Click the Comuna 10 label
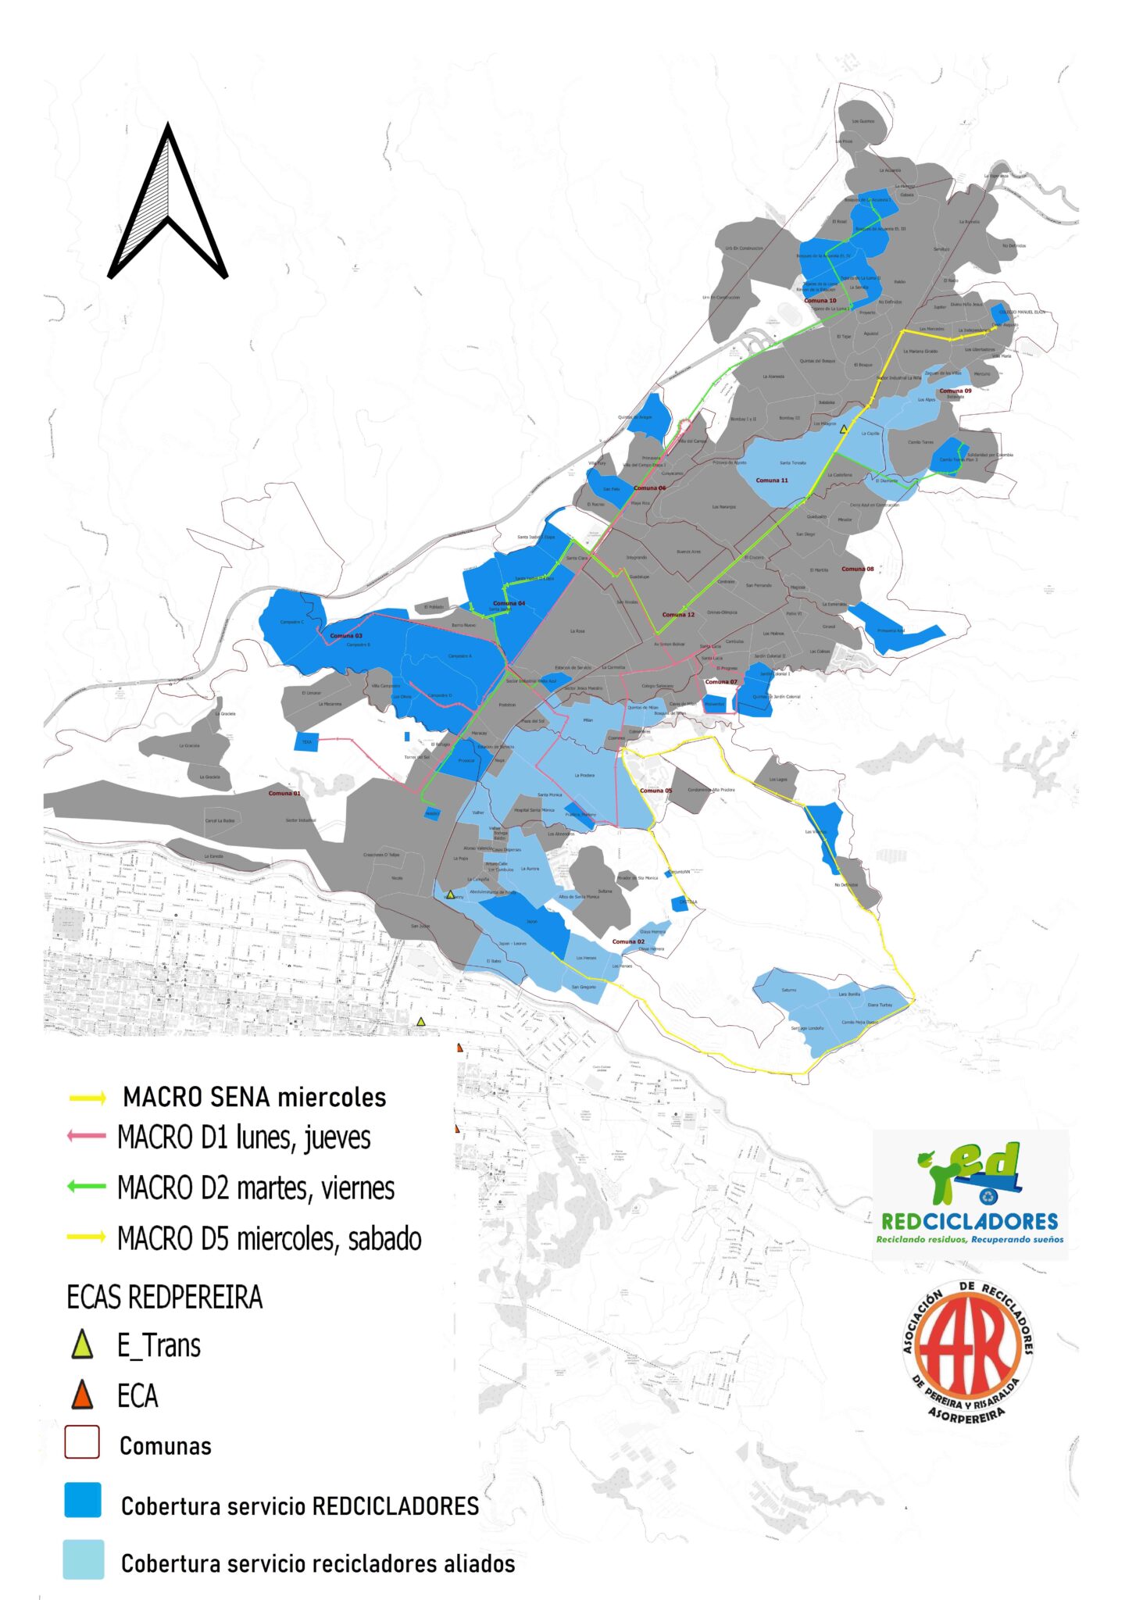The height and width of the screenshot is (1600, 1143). (x=820, y=301)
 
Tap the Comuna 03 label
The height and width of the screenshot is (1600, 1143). (x=346, y=636)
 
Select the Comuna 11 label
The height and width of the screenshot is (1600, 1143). (x=772, y=480)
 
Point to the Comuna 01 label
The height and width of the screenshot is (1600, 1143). (x=284, y=794)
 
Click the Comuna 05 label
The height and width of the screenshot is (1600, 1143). (x=655, y=791)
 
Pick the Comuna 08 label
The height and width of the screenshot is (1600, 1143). (x=858, y=569)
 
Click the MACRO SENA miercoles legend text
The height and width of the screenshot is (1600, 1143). (x=254, y=1097)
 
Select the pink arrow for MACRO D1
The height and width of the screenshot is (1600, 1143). (x=86, y=1136)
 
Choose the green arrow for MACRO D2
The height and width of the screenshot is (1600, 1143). (x=86, y=1187)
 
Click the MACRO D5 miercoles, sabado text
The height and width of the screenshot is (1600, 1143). (x=269, y=1238)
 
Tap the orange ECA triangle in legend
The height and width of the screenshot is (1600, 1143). (x=81, y=1395)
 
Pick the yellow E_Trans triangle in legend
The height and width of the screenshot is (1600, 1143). (x=81, y=1345)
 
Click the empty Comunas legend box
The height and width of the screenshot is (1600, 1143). (x=81, y=1442)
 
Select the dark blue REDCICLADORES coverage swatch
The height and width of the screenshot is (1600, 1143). (x=82, y=1500)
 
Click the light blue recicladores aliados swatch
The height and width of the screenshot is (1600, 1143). (x=83, y=1559)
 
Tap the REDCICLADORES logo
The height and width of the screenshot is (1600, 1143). (x=970, y=1194)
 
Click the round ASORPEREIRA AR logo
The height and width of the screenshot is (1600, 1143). (x=968, y=1351)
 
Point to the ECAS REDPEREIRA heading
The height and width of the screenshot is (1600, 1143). (x=164, y=1297)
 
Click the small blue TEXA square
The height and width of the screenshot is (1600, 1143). (x=306, y=742)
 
